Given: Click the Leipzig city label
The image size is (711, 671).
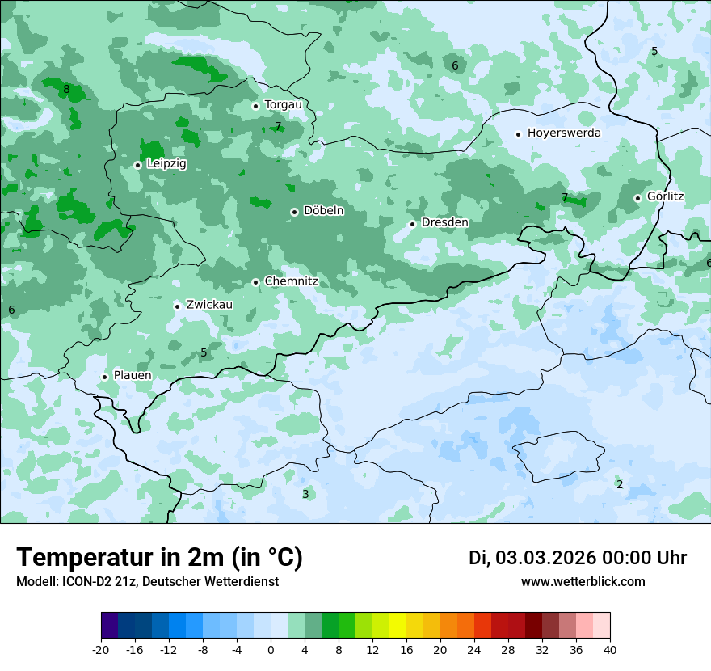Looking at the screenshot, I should click(166, 164).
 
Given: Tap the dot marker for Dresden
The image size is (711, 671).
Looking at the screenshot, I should click(412, 224).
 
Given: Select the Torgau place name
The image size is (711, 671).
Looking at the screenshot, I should click(283, 105).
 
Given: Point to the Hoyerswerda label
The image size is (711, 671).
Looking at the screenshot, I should click(564, 133).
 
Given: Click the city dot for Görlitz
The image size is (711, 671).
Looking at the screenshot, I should click(637, 198).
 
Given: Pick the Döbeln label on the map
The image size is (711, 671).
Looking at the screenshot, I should click(323, 211).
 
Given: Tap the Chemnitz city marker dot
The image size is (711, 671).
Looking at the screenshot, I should click(255, 282).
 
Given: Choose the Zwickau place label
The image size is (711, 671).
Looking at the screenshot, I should click(209, 306).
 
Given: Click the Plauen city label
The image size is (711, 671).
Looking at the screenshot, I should click(133, 376).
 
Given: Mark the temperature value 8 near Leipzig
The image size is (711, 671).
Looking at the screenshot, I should click(66, 89).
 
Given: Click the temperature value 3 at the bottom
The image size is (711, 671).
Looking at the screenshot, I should click(305, 494).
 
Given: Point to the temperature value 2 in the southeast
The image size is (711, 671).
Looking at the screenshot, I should click(620, 484).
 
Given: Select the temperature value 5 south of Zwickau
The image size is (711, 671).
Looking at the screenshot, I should click(204, 352).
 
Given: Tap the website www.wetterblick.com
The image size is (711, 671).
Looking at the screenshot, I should click(583, 582).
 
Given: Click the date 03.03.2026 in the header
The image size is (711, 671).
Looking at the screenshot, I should click(545, 558).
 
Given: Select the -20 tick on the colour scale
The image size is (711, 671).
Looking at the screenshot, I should click(101, 650).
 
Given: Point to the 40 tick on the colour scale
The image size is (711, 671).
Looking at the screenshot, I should click(609, 650).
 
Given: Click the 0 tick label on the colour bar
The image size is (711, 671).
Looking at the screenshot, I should click(271, 650).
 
